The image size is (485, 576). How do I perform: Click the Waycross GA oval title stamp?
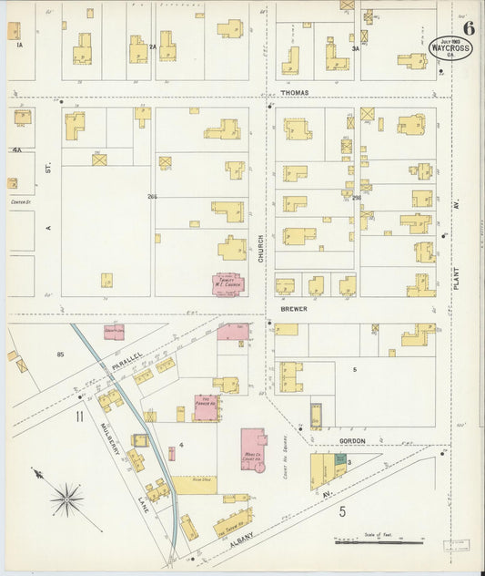(451, 47)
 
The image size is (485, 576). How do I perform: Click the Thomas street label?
(294, 93)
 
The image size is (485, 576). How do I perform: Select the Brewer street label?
(293, 309)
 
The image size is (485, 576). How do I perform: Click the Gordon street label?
(352, 440)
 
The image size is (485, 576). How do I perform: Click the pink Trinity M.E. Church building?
(227, 284)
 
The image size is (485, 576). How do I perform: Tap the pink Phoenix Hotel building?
(207, 407)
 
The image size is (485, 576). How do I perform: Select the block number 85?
(61, 354)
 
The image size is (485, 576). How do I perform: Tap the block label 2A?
(153, 46)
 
